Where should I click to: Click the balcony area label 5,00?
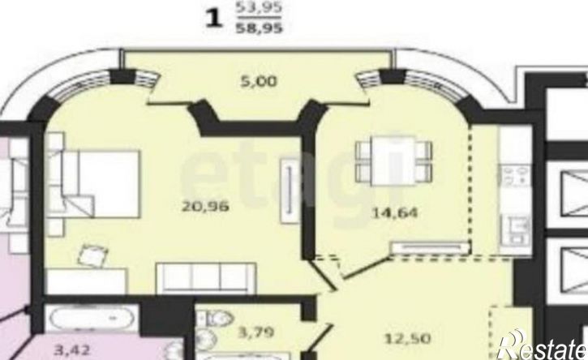click(259, 81)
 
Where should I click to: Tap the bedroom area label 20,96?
click(205, 206)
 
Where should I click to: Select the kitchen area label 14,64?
click(394, 212)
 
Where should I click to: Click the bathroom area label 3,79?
click(256, 332)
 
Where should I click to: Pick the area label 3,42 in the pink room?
click(72, 350)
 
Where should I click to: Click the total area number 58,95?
click(259, 28)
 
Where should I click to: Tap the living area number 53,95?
click(259, 7)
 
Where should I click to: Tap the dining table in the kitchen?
click(393, 161)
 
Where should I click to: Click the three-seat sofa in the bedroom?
click(206, 278)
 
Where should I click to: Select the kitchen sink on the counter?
click(517, 229)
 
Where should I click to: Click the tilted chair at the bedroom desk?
click(92, 255)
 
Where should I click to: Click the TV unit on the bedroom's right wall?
click(290, 191)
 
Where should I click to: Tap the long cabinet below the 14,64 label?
click(430, 248)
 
